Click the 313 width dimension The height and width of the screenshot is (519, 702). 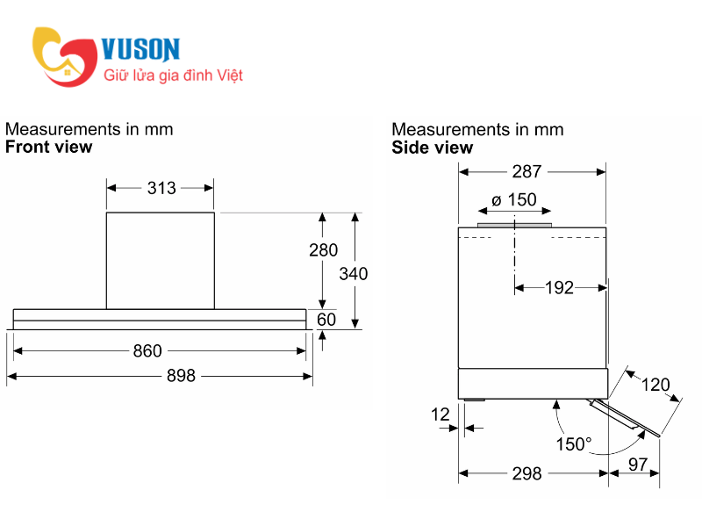pos(161,188)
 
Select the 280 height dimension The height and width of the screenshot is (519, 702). pos(323,250)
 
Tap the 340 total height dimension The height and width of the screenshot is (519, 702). pos(354,273)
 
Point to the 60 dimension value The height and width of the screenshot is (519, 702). pos(326,320)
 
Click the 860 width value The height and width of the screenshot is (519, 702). pos(147,351)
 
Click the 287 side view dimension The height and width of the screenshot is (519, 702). pos(526,171)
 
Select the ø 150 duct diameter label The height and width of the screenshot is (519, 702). pos(514,200)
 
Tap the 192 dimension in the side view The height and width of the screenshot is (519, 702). pos(558,287)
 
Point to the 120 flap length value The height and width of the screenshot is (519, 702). pos(655,385)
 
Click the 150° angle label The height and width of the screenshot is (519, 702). pos(574,444)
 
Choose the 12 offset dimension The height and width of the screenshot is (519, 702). pos(441,414)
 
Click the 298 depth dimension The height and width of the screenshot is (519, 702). pos(526,474)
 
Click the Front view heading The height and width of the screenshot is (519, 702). pos(48,147)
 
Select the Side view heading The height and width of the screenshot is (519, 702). pos(432,148)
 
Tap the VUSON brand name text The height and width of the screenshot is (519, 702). pos(141,48)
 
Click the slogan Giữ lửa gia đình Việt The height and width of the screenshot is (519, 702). pos(173,76)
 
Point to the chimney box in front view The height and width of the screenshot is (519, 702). pos(161,260)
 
